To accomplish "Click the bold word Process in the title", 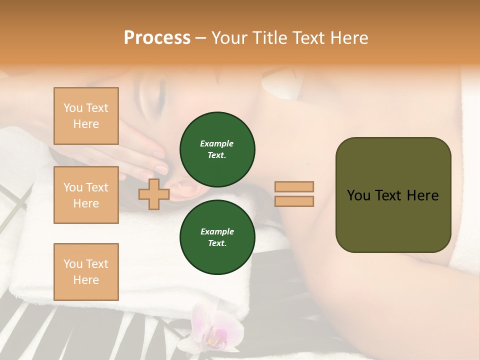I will [157, 38].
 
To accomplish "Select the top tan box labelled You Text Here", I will [86, 116].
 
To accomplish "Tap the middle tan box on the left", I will [86, 195].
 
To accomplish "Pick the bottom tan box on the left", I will [86, 272].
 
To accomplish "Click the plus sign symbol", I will [153, 194].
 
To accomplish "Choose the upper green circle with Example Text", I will [217, 149].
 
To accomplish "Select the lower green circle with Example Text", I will [217, 237].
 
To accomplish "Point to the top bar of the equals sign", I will [294, 187].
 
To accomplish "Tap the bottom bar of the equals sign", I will [294, 201].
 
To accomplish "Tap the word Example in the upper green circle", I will [217, 143].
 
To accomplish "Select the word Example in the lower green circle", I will [217, 231].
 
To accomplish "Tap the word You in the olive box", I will [358, 195].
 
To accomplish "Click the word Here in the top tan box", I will [86, 124].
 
